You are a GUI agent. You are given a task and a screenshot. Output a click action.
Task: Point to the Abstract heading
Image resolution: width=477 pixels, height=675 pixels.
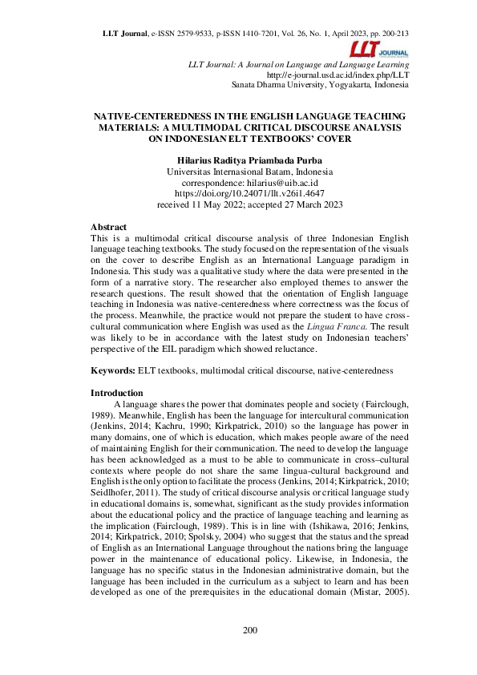click(x=108, y=228)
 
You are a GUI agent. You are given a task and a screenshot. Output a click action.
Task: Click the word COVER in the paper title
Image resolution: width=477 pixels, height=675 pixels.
click(x=330, y=138)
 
